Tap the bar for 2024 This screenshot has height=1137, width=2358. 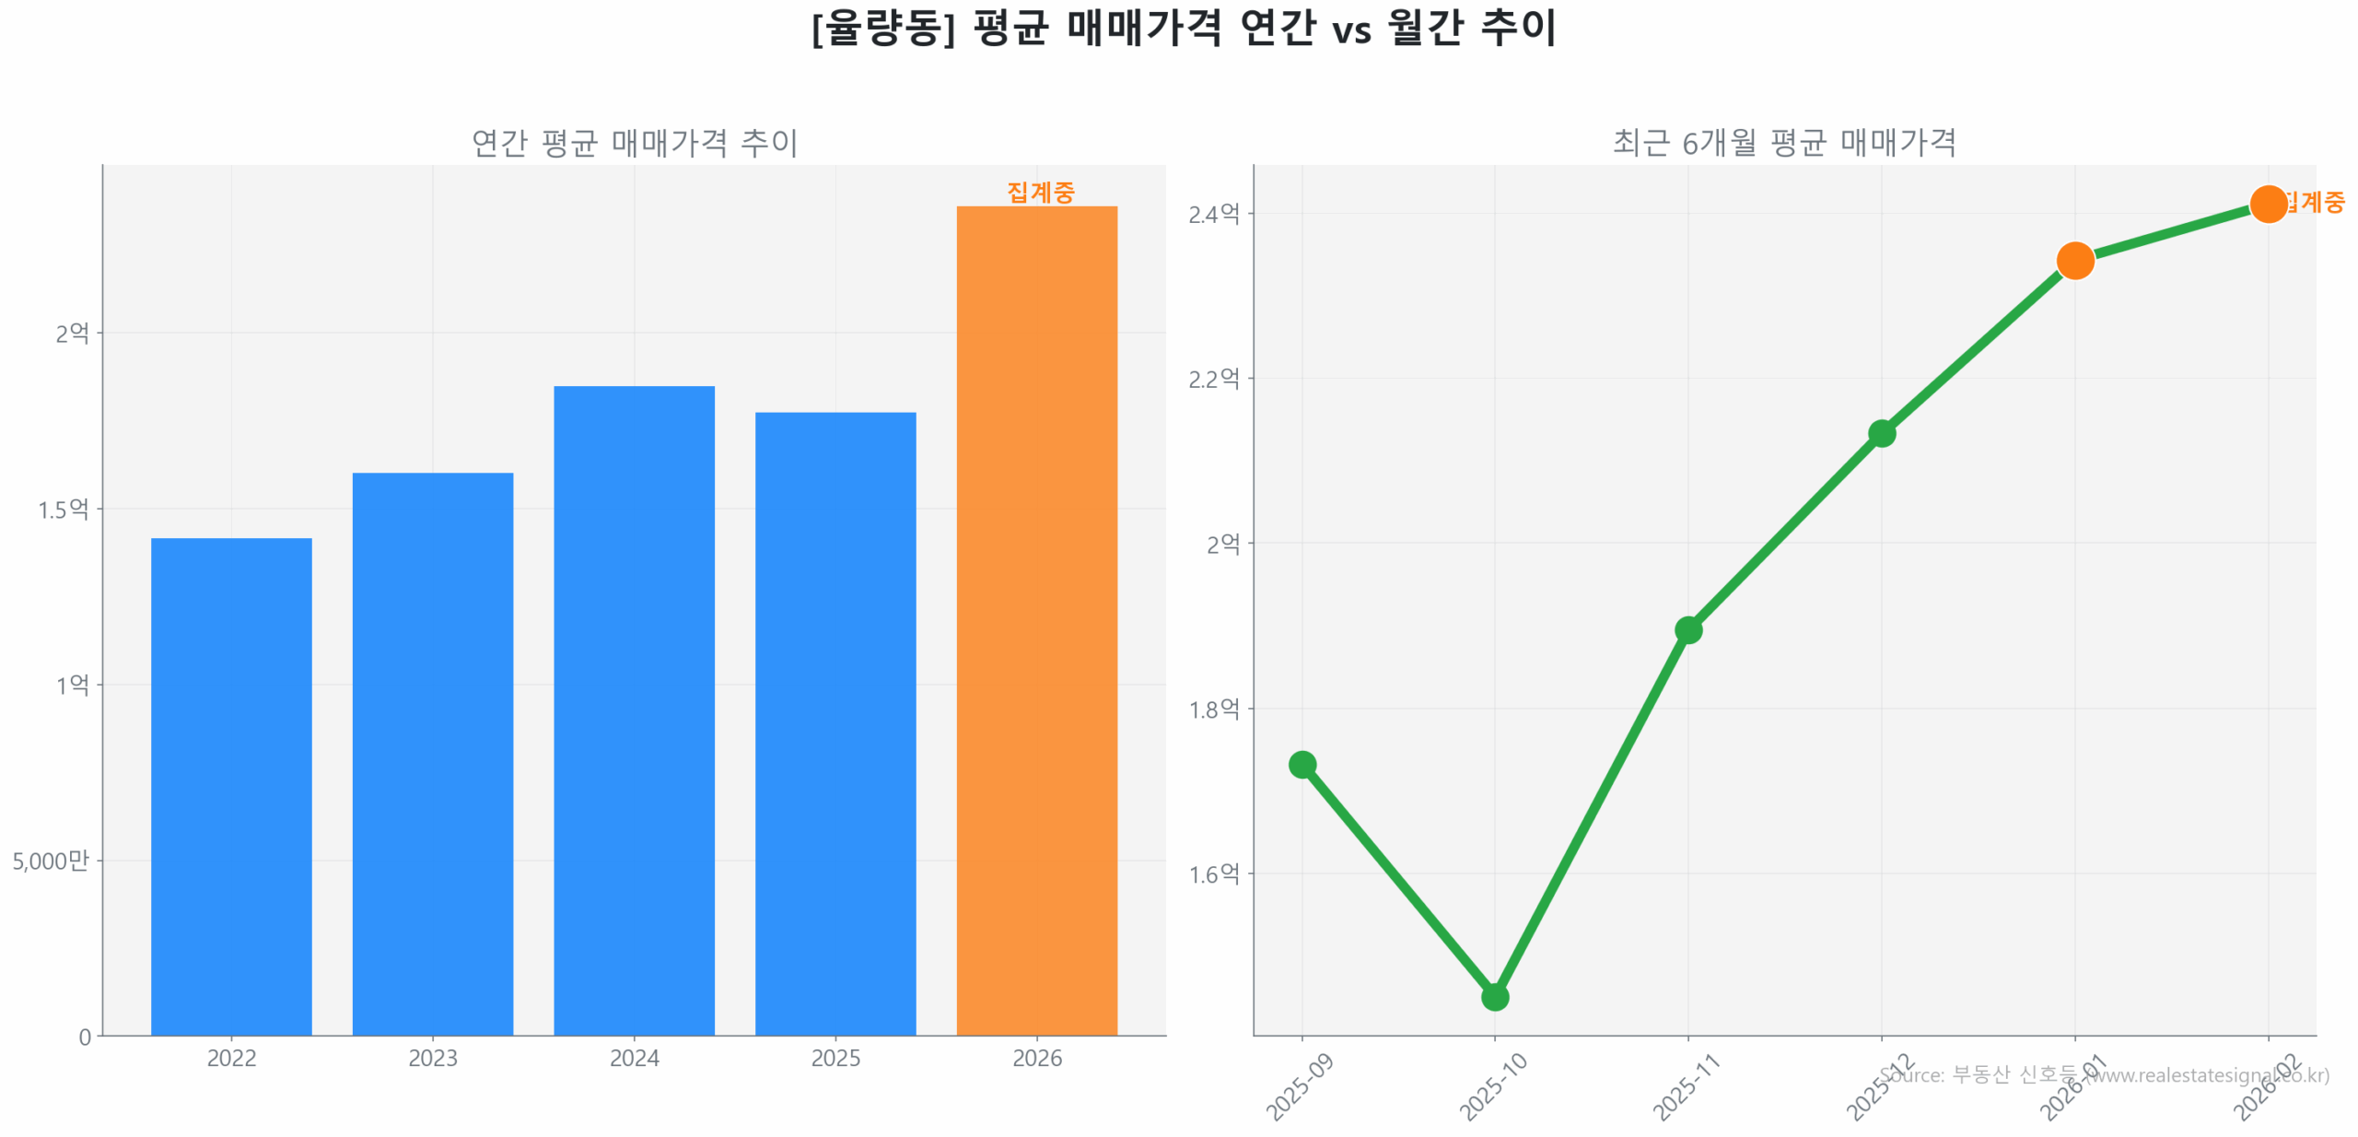click(634, 709)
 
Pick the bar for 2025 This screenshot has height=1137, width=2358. click(835, 722)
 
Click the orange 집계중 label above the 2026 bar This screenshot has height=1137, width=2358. click(1040, 192)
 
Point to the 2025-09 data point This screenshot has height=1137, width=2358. click(1302, 764)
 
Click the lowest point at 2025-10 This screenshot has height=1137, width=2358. click(1494, 996)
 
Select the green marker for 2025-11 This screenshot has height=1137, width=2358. click(1687, 629)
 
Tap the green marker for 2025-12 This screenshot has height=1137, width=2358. click(1881, 433)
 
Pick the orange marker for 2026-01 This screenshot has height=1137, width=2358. click(2074, 261)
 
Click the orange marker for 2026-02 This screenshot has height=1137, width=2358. click(2268, 204)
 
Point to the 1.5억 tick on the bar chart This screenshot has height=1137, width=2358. click(63, 509)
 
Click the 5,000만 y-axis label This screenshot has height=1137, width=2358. click(51, 860)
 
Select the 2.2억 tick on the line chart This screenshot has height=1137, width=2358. click(1213, 378)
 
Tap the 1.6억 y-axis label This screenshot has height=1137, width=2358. click(1213, 873)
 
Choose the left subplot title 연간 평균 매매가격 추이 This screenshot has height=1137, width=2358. click(634, 142)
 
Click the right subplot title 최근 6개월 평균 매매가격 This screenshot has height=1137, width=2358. click(1783, 142)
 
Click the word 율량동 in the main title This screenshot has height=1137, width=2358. click(882, 28)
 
